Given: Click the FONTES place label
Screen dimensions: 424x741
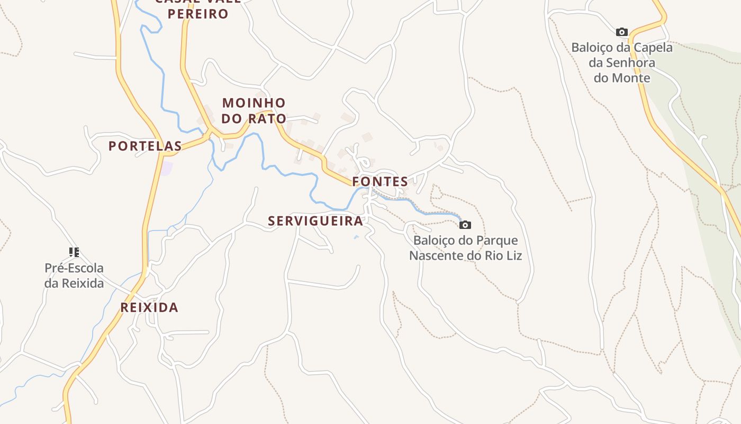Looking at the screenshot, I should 380,182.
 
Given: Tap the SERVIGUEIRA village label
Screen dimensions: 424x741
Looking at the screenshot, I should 315,221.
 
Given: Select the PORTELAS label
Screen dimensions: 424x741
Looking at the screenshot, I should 145,146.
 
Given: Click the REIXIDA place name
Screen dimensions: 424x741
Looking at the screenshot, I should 149,307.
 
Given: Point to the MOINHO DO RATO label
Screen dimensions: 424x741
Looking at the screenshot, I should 254,111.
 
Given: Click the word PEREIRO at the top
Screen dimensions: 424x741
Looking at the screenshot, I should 198,14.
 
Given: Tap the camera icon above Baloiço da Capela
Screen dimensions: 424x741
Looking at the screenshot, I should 622,32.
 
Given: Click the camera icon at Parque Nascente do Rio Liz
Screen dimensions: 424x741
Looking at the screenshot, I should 465,225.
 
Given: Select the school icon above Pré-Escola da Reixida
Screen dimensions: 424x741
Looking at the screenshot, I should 74,252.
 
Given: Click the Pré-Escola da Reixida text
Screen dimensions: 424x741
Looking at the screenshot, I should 74,276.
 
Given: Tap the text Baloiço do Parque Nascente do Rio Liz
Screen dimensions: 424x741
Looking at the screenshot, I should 466,248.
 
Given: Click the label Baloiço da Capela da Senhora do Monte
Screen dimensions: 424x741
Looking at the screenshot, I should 622,63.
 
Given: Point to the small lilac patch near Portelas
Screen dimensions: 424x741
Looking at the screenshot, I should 167,169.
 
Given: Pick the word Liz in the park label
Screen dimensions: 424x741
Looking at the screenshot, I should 513,256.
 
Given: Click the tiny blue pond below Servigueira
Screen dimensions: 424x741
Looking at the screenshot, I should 356,237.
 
